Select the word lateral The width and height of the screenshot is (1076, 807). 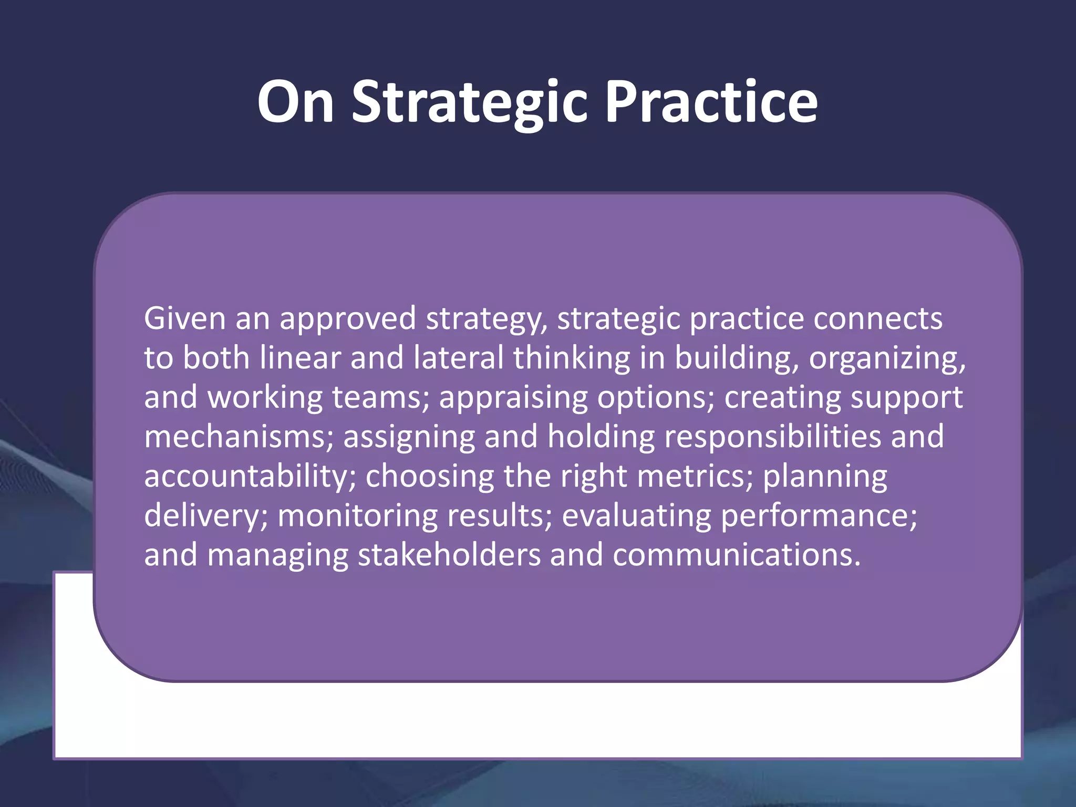coord(458,358)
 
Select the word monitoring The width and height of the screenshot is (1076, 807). coord(357,516)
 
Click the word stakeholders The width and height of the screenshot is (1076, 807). coord(449,555)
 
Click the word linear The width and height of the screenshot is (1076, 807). coord(300,358)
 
